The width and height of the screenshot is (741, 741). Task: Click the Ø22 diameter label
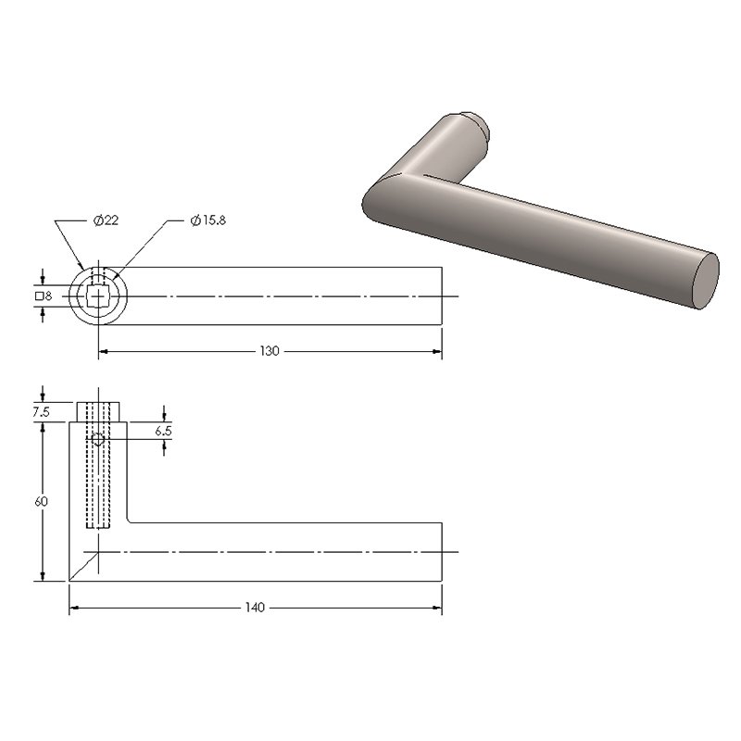coord(106,220)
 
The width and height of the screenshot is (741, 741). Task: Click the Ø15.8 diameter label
coord(207,220)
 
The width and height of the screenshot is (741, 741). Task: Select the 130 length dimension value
coord(270,351)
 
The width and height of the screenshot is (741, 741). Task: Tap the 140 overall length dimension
coord(255,608)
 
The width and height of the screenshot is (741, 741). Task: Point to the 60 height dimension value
coord(41,501)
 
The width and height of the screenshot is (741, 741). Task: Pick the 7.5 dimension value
coord(41,412)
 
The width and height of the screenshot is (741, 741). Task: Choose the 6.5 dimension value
coord(164,431)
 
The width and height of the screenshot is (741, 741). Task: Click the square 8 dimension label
coord(44,296)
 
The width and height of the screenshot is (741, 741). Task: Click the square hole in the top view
coord(98,296)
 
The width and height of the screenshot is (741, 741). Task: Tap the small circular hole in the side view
coord(98,439)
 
